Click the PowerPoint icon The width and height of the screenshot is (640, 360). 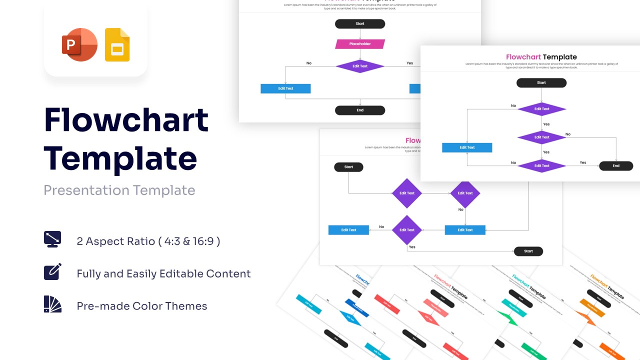coord(79,45)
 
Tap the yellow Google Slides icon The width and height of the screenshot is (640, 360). coord(117,45)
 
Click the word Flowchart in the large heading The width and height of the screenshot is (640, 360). coord(126,120)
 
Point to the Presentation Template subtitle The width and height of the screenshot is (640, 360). coord(119,190)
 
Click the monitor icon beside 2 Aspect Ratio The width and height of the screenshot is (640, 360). coord(52,239)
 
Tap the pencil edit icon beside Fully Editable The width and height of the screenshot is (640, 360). coord(52,271)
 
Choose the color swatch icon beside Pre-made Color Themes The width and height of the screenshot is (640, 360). coord(52,304)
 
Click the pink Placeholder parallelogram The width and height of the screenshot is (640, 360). coord(360,44)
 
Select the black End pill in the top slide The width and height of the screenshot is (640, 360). coord(360,110)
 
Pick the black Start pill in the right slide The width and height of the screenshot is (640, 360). coord(541,83)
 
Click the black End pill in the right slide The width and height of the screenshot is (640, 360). coord(616,166)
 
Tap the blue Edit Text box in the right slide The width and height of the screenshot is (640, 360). coord(467,147)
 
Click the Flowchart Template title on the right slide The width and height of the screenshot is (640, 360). coord(541,57)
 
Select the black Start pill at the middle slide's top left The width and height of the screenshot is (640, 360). coord(348,167)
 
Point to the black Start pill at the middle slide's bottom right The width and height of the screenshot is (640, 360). coord(528,251)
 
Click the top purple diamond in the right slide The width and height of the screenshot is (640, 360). coord(541,109)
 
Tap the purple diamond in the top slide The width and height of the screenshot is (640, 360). coord(360,66)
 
